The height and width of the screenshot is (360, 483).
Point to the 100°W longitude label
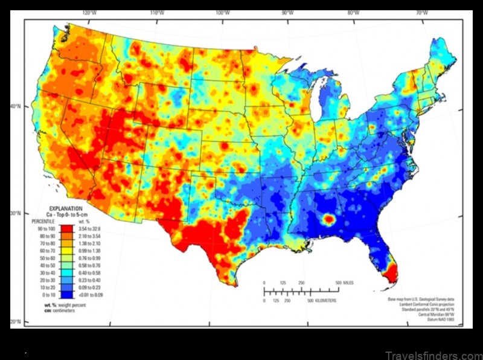click(x=222, y=12)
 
